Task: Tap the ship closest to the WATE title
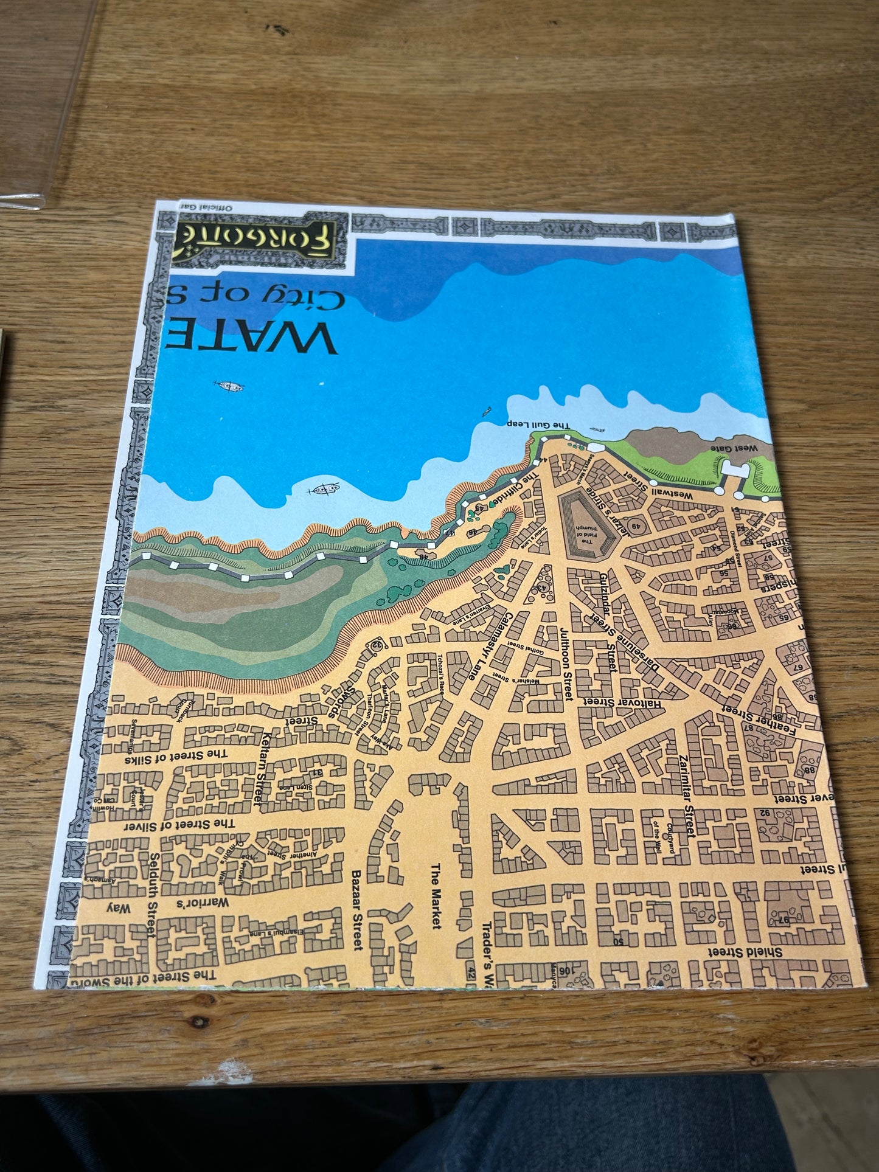[229, 386]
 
